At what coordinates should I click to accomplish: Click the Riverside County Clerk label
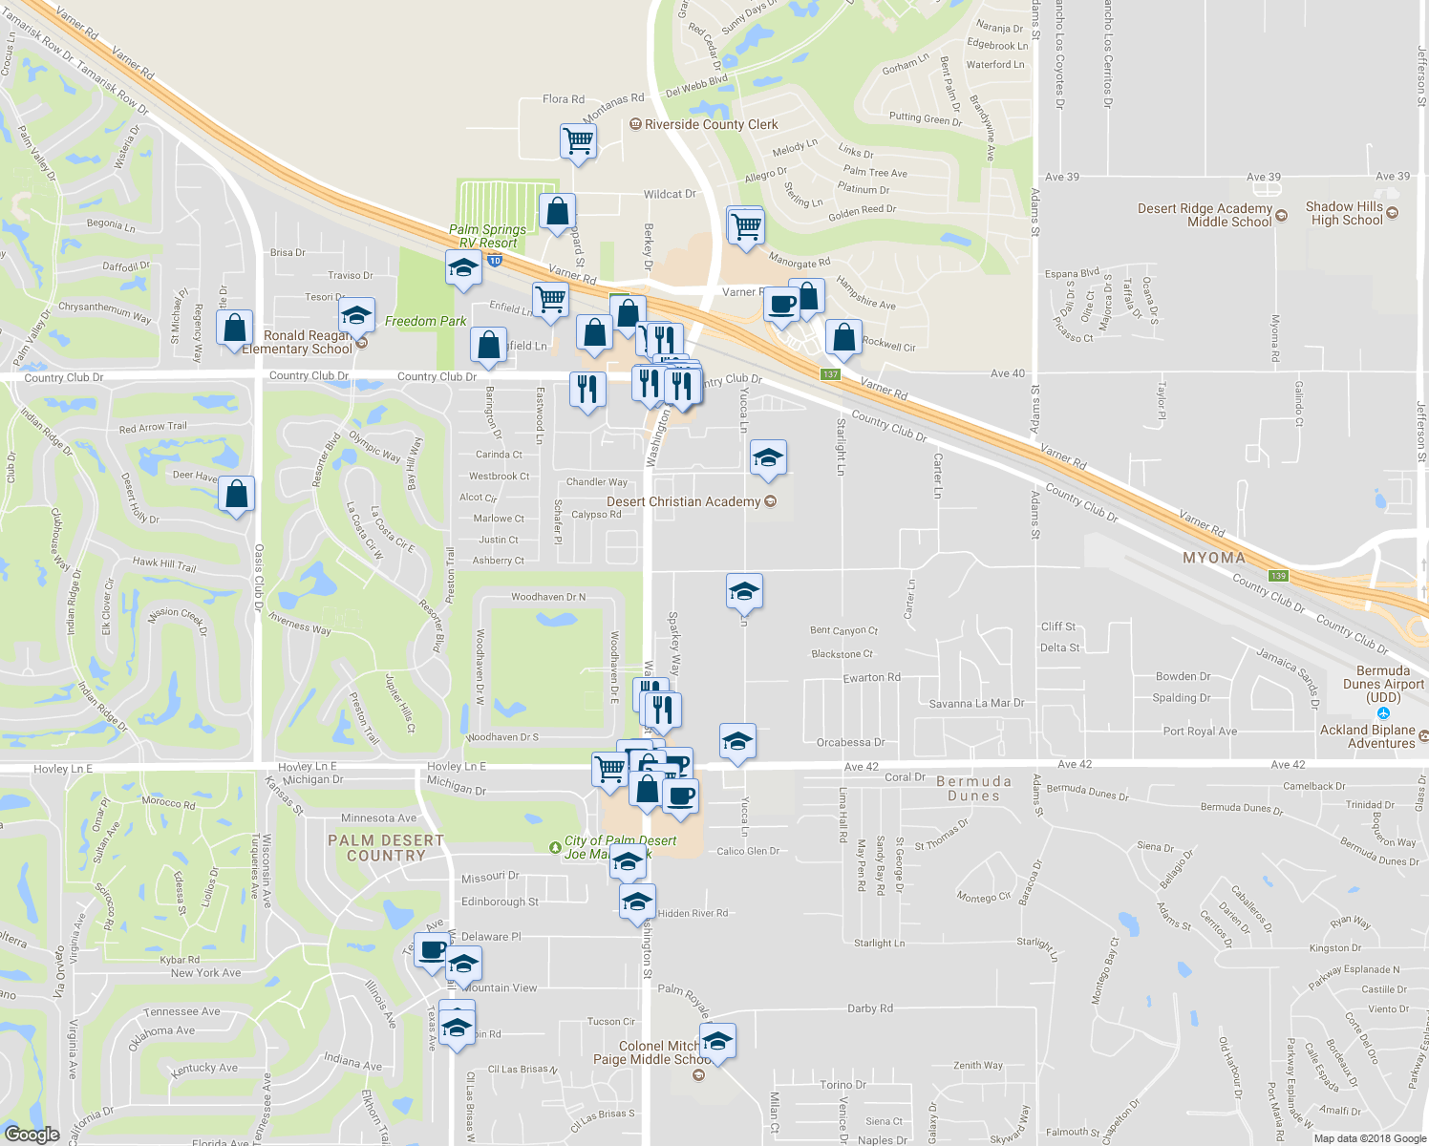[711, 125]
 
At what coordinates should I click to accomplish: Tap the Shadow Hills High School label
[1346, 213]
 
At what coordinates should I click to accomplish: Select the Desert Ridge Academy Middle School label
[1205, 215]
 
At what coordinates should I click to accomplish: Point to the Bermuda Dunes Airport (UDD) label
[1383, 684]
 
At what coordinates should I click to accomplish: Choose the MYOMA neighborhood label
[1214, 558]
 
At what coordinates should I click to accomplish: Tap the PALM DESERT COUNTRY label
[386, 848]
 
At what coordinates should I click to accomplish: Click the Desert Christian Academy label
[684, 501]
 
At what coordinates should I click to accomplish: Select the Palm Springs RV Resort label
[487, 236]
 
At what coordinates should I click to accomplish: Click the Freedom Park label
[425, 322]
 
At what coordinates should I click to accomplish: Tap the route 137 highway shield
[830, 374]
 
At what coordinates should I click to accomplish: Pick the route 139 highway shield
[1278, 576]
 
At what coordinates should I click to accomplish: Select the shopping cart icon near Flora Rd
[578, 141]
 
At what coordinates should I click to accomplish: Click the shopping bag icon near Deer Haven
[236, 495]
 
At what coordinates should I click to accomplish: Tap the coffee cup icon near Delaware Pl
[432, 950]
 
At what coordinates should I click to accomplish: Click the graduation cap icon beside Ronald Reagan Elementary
[356, 316]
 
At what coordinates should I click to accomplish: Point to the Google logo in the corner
[32, 1135]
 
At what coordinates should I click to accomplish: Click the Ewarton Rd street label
[871, 677]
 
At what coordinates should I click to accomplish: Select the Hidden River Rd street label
[693, 914]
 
